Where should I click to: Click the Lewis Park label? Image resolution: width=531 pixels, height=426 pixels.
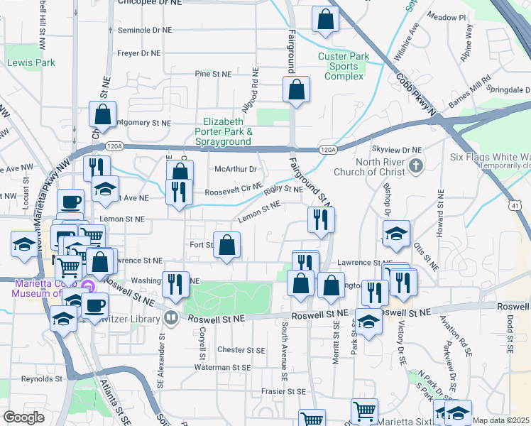(31, 62)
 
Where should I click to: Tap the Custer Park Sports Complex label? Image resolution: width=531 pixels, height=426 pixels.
(344, 66)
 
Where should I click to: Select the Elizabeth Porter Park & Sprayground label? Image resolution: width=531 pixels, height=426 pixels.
(227, 131)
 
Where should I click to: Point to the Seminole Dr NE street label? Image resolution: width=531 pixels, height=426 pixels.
(145, 31)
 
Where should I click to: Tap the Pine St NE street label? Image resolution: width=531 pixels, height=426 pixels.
(213, 74)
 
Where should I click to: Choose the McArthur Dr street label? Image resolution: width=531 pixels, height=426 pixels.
(235, 169)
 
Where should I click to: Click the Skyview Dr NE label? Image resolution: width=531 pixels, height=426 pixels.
(397, 151)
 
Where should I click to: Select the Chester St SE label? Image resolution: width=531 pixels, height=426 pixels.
(241, 349)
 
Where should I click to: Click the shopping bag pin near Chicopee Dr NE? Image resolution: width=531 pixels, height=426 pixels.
(324, 21)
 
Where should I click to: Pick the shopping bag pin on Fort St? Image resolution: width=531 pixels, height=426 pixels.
(226, 246)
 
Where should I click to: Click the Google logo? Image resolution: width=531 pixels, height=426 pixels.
(23, 417)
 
